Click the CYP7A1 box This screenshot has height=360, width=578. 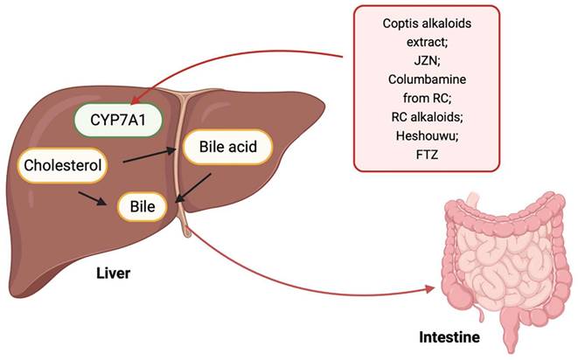(120, 119)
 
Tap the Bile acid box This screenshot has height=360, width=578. (226, 148)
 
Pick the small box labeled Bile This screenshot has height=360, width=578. (143, 208)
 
